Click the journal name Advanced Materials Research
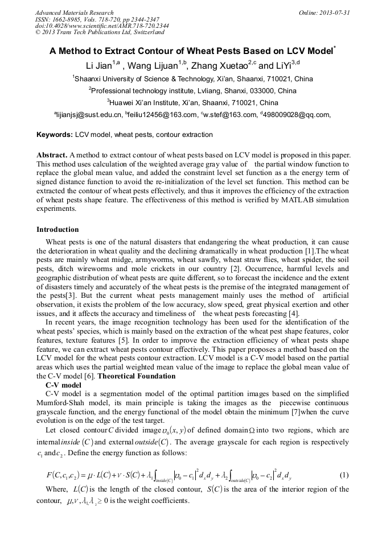[74, 13]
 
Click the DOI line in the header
[102, 26]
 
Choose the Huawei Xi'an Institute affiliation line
[192, 103]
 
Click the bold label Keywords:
[55, 135]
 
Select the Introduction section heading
[58, 230]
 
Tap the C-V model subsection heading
[64, 385]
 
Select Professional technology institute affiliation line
[192, 90]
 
